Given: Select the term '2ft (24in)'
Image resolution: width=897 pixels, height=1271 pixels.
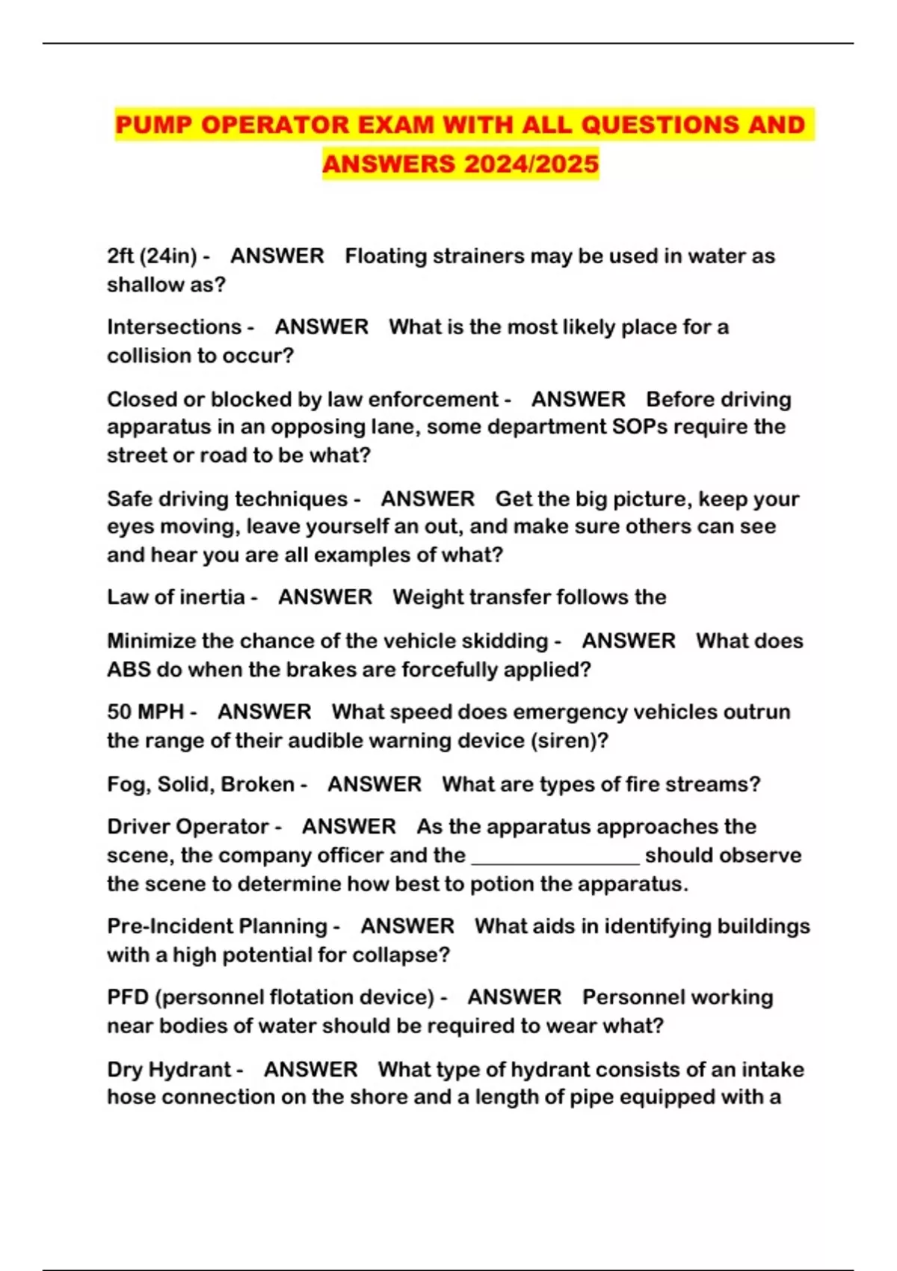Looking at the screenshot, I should pyautogui.click(x=152, y=256).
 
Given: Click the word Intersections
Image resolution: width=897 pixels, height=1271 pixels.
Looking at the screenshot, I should pyautogui.click(x=174, y=327).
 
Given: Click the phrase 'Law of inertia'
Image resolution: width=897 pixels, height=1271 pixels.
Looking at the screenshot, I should pyautogui.click(x=176, y=597).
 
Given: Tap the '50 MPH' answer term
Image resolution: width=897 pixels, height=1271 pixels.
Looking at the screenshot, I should pyautogui.click(x=146, y=712).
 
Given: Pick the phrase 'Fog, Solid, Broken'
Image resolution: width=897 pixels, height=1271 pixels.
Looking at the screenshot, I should pyautogui.click(x=200, y=784).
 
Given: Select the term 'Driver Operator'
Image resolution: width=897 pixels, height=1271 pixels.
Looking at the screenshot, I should pyautogui.click(x=188, y=827).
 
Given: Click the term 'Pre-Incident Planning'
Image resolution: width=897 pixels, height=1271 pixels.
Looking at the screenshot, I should pyautogui.click(x=217, y=926).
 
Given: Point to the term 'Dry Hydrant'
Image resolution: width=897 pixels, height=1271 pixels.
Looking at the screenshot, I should pyautogui.click(x=169, y=1069).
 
